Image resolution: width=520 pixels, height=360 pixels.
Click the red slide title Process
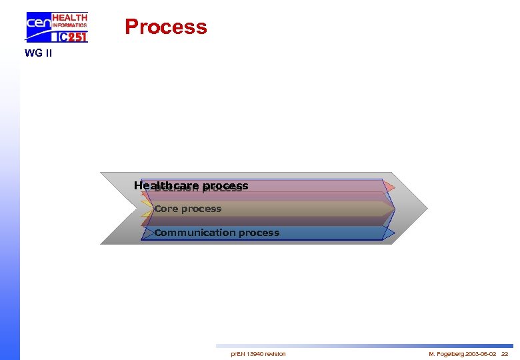166,27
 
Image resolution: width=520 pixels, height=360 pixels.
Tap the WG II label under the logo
38,53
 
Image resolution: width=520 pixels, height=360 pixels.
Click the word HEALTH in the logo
69,17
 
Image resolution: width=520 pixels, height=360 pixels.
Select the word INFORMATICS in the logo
69,25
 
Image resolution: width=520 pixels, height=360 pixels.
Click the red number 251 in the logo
75,37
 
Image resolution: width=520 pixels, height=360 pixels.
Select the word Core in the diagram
166,209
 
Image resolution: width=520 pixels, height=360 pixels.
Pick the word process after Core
201,209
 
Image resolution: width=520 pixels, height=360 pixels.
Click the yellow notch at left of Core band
147,209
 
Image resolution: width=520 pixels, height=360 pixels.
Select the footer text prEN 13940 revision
258,353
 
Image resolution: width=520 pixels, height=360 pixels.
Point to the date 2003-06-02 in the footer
481,353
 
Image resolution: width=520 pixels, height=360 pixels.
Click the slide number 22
504,353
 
